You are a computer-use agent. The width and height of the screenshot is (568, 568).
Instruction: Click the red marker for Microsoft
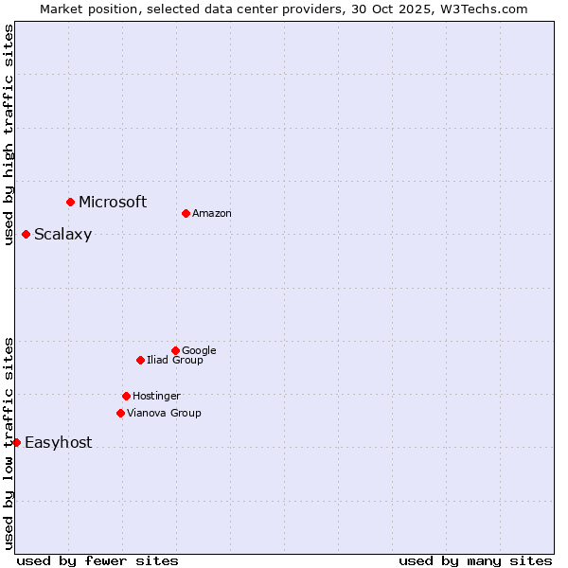[70, 202]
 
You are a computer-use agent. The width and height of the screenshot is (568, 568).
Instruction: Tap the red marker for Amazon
[186, 213]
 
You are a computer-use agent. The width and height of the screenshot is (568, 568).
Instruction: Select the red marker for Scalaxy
[26, 234]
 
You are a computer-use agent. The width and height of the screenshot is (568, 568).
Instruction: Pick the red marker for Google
[175, 350]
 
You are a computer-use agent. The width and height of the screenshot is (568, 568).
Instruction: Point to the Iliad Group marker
[140, 360]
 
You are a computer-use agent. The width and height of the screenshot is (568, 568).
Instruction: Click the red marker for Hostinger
[126, 396]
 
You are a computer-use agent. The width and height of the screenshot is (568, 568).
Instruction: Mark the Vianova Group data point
[120, 413]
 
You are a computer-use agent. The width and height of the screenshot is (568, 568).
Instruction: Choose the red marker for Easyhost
[16, 442]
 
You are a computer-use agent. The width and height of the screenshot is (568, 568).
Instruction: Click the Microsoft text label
[113, 202]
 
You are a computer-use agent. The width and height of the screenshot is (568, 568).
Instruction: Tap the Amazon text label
[211, 214]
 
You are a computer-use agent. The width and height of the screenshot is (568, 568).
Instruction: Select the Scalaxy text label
[62, 235]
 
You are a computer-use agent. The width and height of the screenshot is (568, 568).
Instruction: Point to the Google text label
[199, 350]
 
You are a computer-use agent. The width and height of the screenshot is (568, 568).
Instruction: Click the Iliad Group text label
[175, 360]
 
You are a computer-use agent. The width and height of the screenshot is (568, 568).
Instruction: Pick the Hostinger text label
[156, 396]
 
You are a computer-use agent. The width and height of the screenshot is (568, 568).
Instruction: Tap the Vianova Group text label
[164, 413]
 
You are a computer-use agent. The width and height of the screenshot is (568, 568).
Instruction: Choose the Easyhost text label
[58, 443]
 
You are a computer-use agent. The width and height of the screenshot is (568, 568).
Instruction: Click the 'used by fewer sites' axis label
[98, 560]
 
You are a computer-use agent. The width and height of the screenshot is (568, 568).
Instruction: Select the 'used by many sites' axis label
[475, 560]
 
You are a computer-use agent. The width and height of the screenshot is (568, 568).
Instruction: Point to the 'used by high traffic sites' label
[9, 134]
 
